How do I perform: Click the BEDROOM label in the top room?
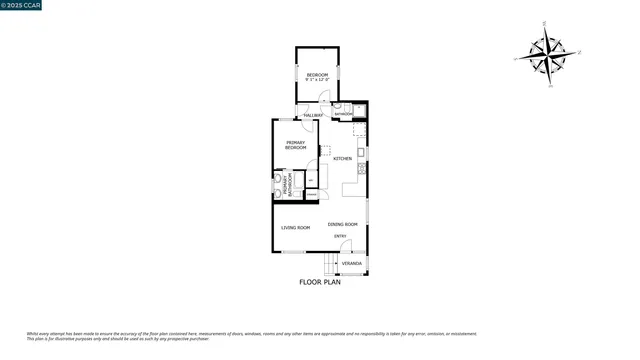317,73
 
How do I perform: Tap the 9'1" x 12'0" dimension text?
317,79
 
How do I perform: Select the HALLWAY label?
313,115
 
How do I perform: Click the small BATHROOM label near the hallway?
343,114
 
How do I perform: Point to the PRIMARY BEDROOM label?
296,145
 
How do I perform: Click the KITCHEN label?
342,159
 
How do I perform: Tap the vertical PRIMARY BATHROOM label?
284,184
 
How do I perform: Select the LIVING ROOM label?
295,228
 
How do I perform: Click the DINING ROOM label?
342,224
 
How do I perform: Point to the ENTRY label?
340,236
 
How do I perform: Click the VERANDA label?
351,264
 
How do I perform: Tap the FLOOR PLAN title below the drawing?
320,283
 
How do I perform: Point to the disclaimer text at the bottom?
250,336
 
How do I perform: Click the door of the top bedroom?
322,97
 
